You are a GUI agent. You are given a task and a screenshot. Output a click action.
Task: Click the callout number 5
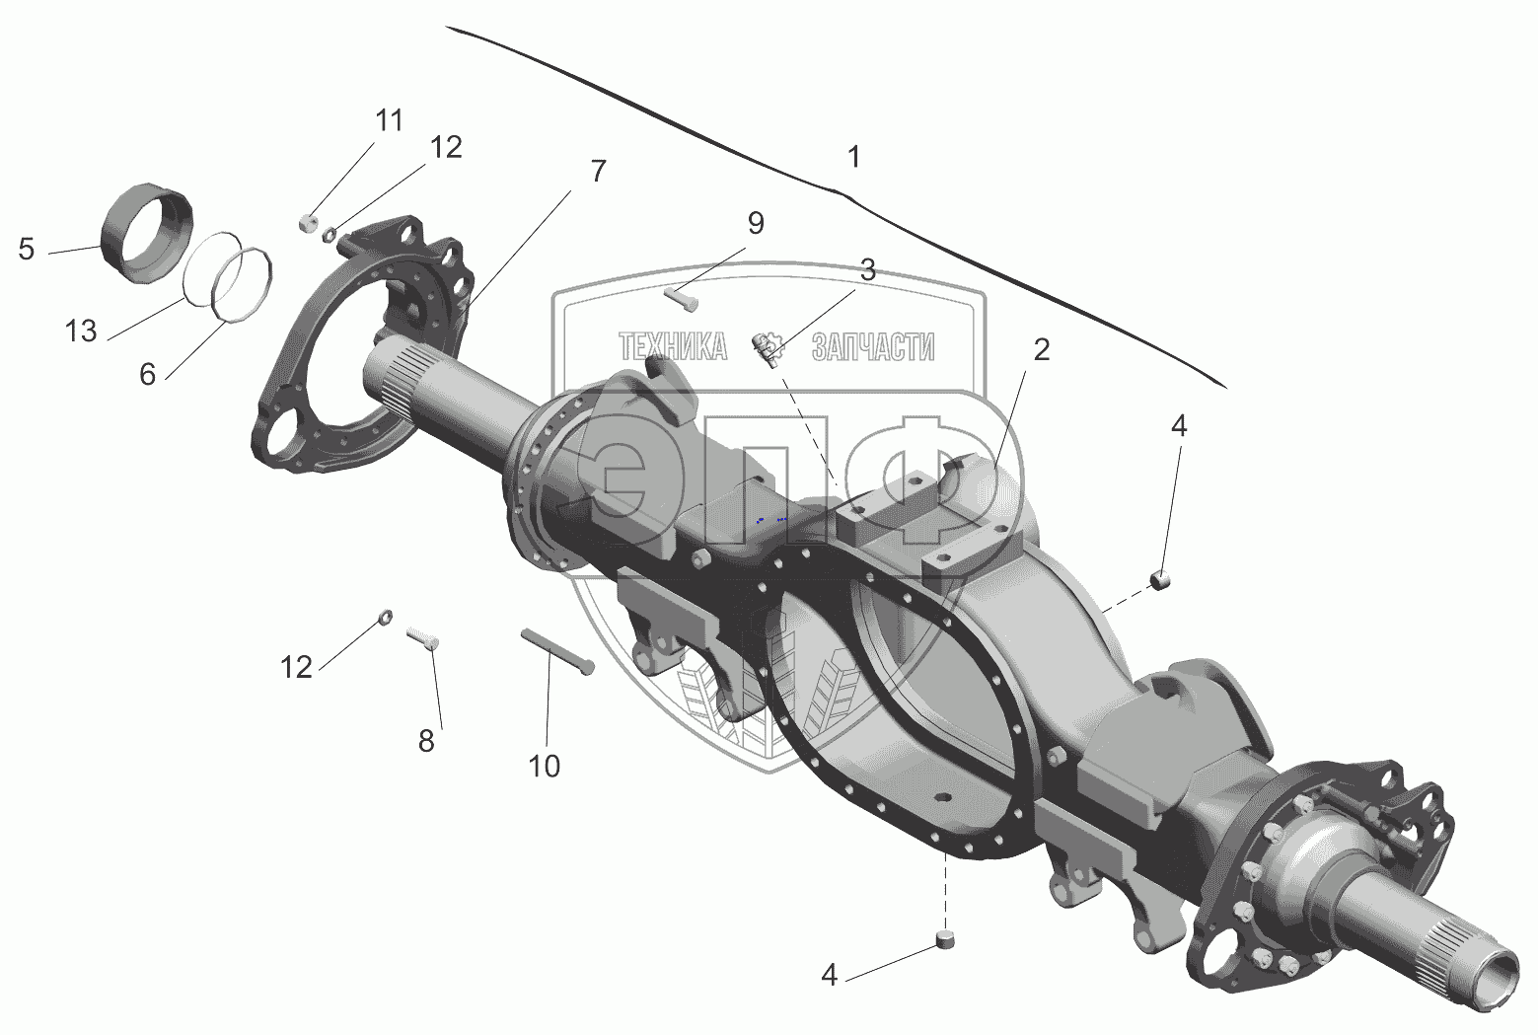[27, 250]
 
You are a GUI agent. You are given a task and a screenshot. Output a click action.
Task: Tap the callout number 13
[81, 331]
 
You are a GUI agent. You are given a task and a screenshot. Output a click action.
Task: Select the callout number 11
[389, 120]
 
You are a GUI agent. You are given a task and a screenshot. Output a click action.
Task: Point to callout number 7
[598, 170]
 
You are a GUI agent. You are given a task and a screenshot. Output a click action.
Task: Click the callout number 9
[755, 223]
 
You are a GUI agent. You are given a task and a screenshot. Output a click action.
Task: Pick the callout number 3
[866, 270]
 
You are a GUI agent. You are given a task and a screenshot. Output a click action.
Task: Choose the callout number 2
[1041, 348]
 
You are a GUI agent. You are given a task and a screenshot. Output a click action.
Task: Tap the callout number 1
[853, 157]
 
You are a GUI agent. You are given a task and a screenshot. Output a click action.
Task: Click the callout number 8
[426, 740]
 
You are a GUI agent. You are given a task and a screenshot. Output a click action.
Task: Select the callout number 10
[545, 765]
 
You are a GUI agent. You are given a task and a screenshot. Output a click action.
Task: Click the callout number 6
[147, 375]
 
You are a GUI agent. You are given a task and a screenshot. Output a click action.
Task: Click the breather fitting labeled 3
[767, 346]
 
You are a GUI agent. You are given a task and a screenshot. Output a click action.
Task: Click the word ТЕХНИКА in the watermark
[672, 346]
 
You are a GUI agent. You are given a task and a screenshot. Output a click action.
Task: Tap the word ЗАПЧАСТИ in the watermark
[872, 346]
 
